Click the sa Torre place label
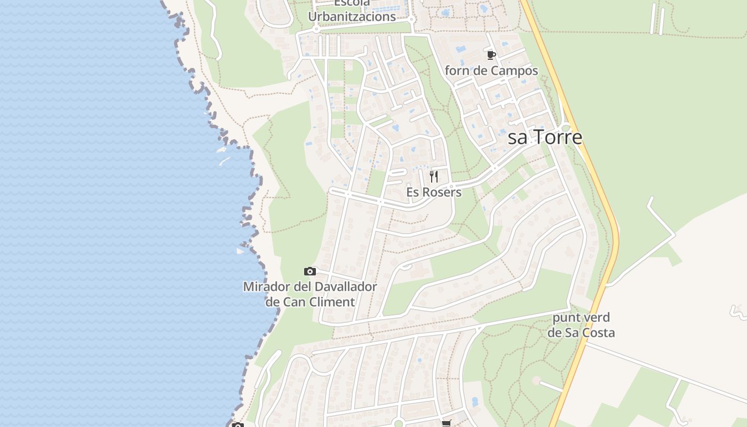[x=545, y=138]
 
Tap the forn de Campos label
[x=491, y=70]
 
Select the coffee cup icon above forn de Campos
[x=491, y=55]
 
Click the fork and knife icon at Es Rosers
[x=434, y=177]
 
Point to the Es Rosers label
[x=434, y=192]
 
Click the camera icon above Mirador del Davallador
[x=309, y=272]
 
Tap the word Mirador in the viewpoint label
[x=267, y=287]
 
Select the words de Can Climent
[x=310, y=302]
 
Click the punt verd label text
[x=581, y=318]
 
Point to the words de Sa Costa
[x=581, y=333]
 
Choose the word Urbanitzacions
[x=352, y=17]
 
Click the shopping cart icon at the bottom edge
[x=446, y=423]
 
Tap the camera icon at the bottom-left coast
[x=238, y=425]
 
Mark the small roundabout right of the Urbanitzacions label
[x=411, y=20]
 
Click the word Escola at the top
[x=352, y=3]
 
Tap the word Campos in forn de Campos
[x=514, y=70]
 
